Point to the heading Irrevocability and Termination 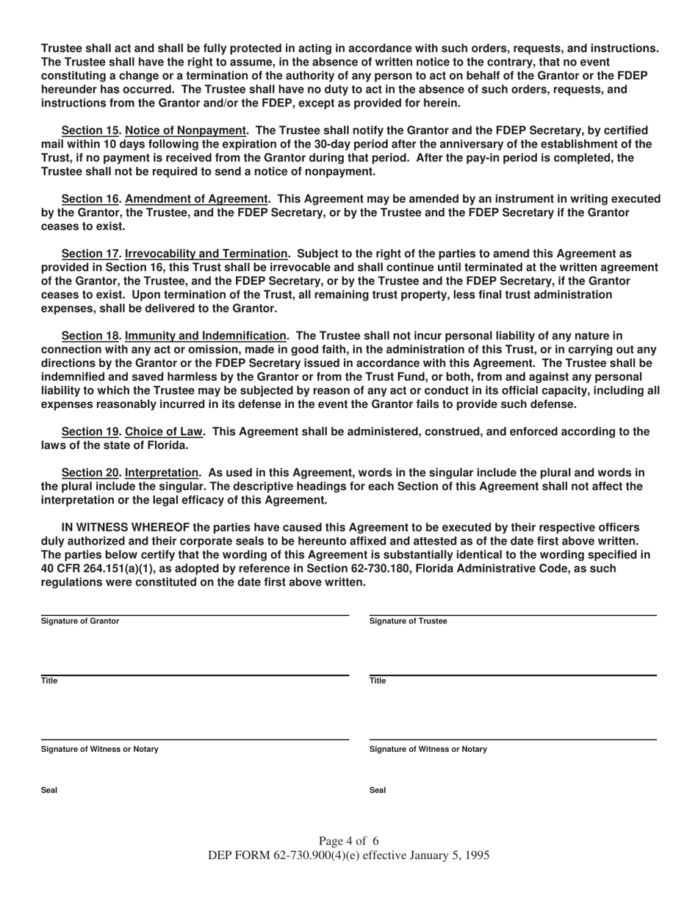[206, 254]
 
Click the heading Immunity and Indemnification [206, 335]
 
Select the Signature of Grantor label [80, 621]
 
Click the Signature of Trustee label [408, 621]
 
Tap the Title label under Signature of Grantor [49, 681]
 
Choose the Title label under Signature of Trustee [378, 681]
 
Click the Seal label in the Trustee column [378, 790]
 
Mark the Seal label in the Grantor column [49, 790]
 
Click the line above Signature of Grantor [195, 615]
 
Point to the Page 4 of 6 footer [349, 841]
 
